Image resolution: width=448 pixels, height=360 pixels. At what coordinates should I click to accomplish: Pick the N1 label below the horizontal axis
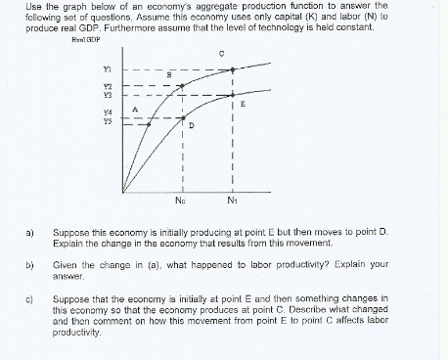coord(232,202)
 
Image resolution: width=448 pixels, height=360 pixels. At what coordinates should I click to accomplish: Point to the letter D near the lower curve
coord(193,124)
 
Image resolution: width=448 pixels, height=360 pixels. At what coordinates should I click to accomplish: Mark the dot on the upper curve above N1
coord(232,69)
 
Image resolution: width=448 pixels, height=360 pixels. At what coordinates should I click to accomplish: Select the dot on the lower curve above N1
coord(232,96)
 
